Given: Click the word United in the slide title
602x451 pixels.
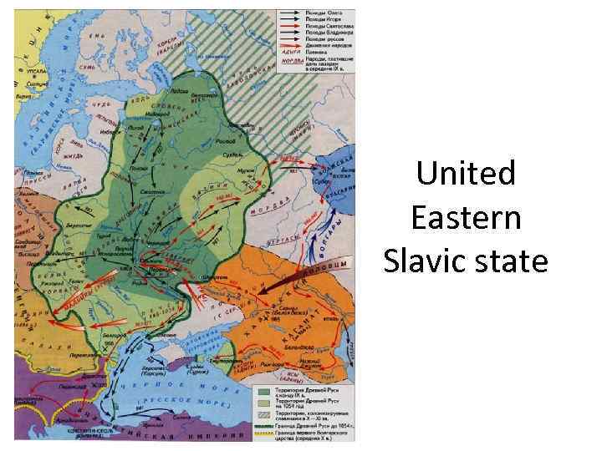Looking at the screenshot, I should (467, 175).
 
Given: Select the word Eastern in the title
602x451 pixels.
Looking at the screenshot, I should (467, 218).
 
